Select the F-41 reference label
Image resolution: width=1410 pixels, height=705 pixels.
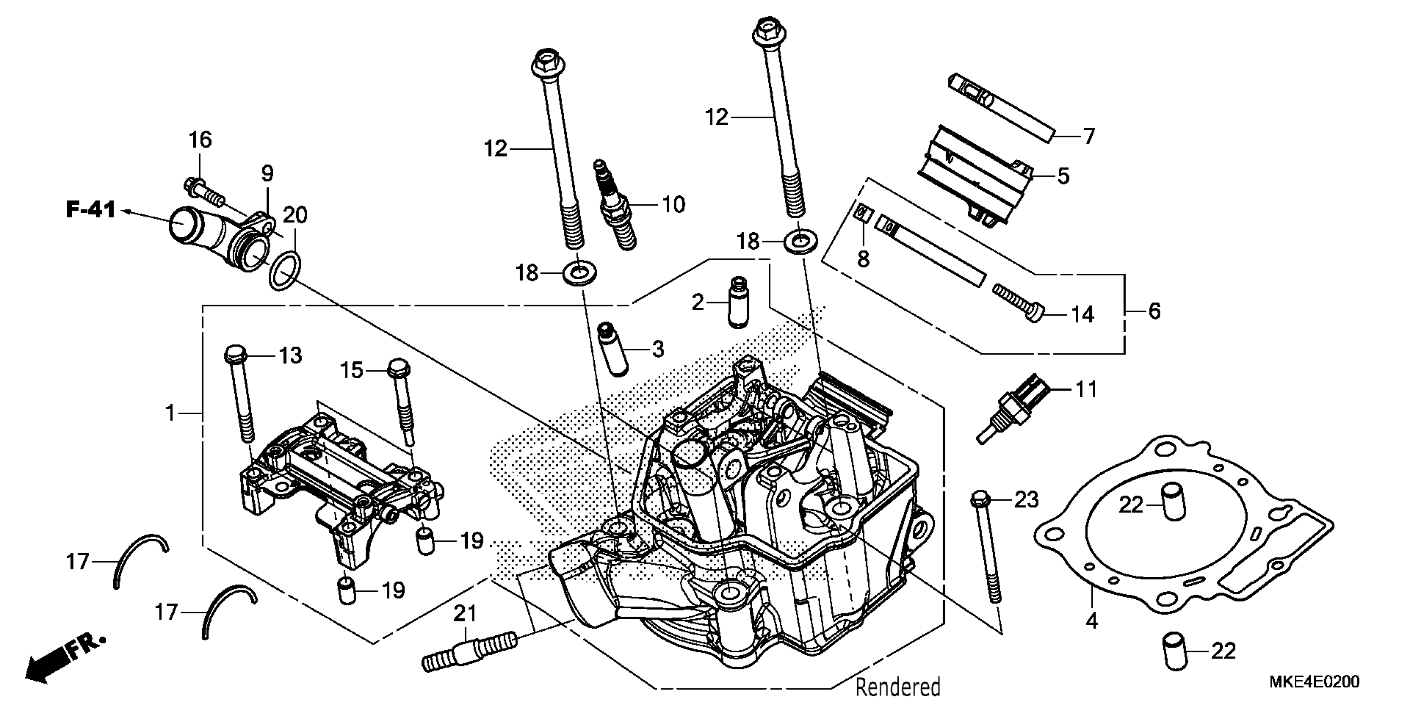pos(91,210)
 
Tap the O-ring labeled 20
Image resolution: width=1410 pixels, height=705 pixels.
pos(284,270)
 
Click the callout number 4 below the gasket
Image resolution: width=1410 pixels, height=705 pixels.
pos(1092,621)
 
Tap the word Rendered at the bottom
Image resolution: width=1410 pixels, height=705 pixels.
pos(898,687)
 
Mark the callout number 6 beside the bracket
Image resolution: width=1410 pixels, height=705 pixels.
pos(1154,311)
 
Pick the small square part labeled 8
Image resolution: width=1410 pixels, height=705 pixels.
pos(863,213)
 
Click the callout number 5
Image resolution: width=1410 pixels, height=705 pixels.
pos(1063,176)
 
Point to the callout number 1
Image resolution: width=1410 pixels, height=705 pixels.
pos(171,413)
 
